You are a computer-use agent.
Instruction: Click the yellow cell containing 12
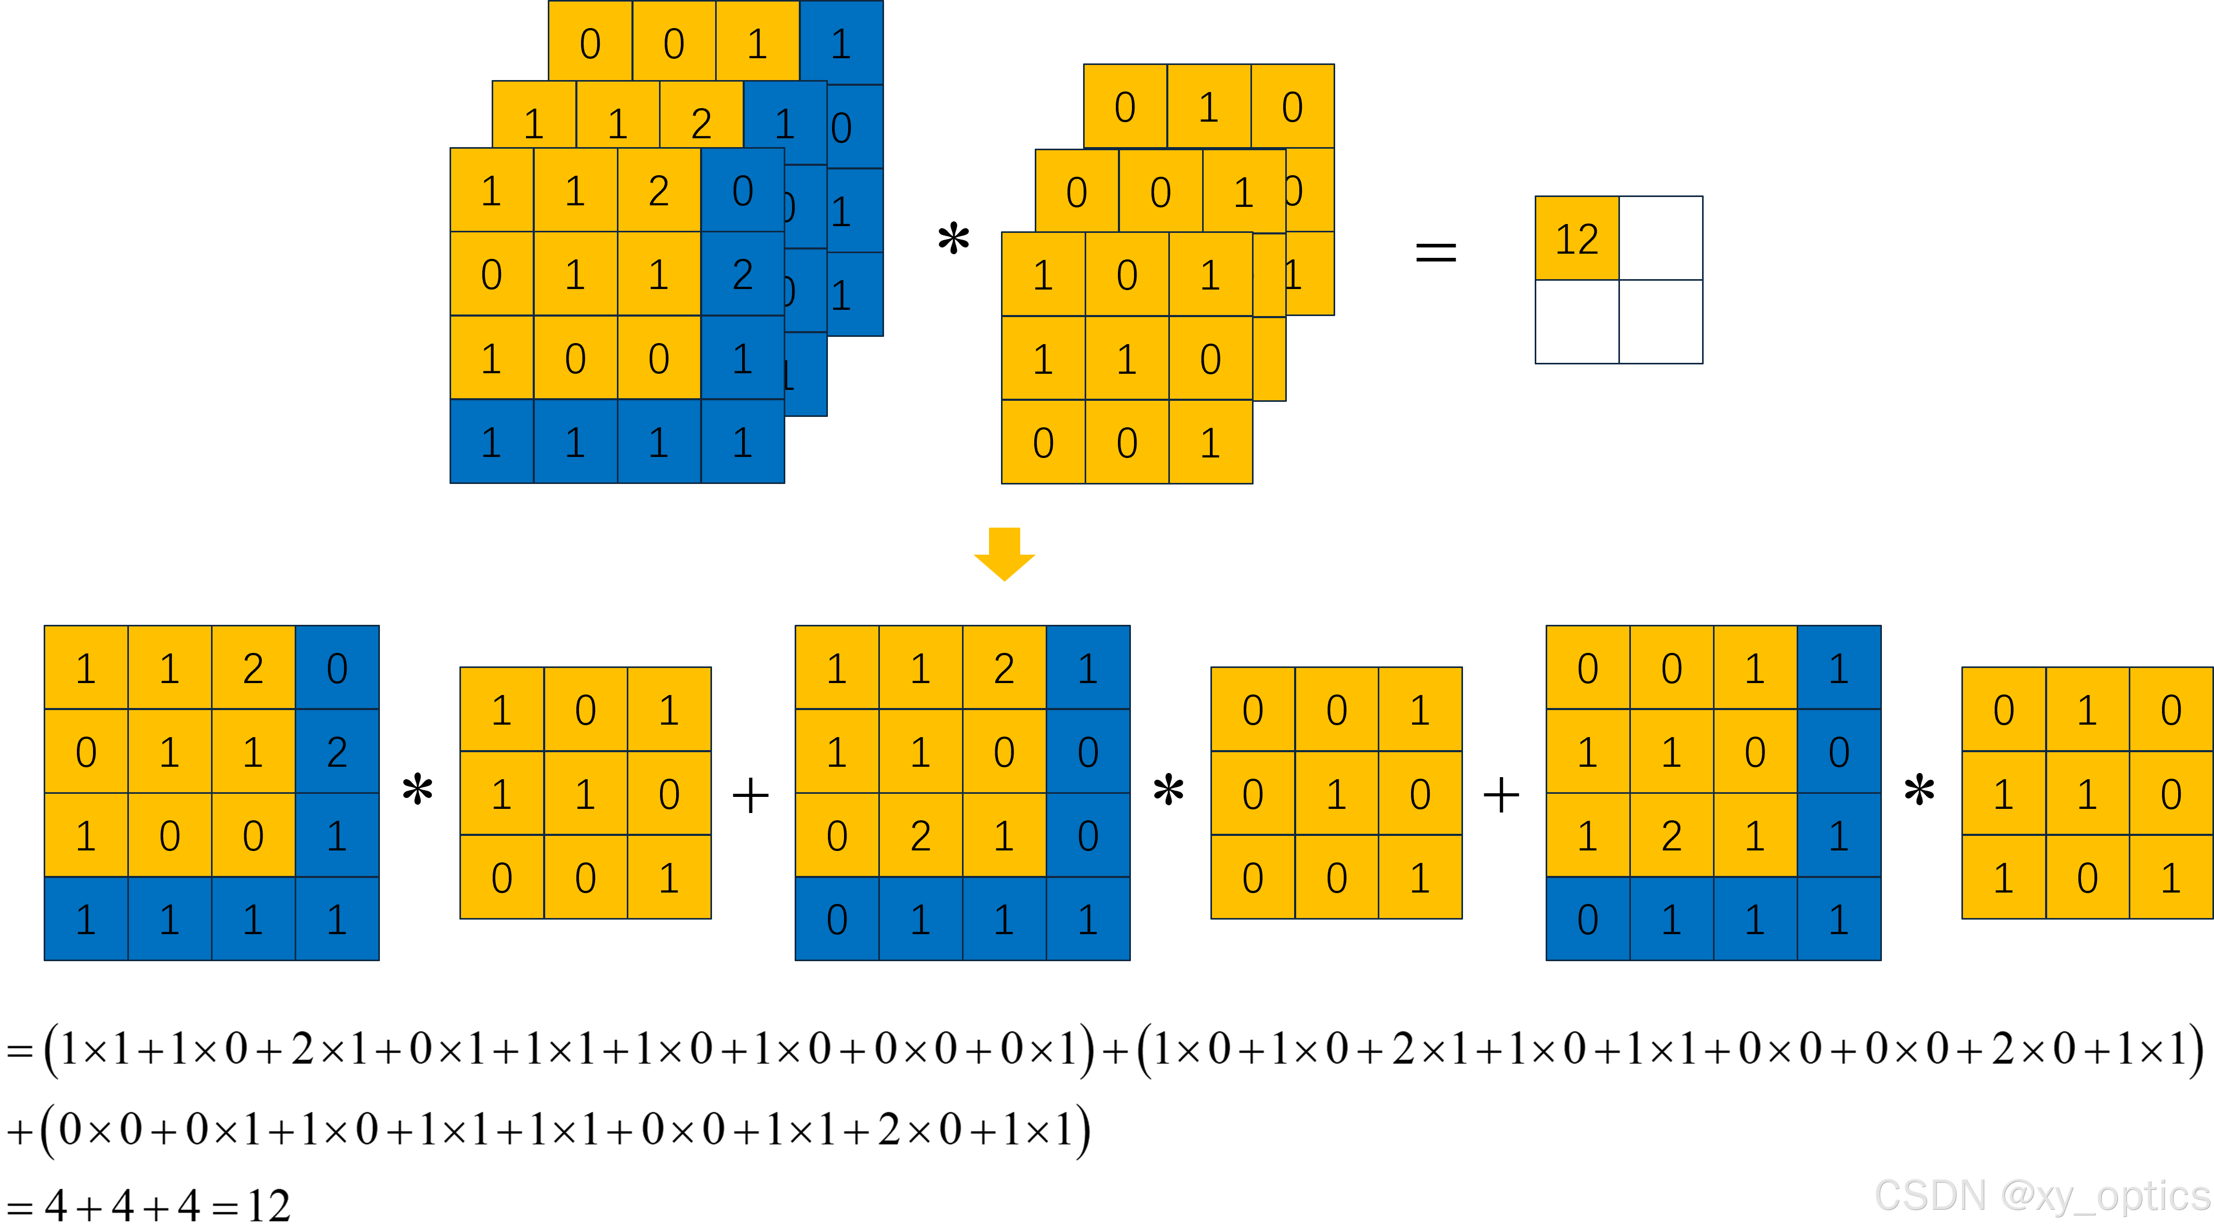[x=1576, y=238]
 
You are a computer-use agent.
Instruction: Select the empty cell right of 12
[x=1660, y=238]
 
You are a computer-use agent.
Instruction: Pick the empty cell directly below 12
[x=1576, y=322]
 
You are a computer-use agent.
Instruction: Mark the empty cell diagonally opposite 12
[x=1660, y=322]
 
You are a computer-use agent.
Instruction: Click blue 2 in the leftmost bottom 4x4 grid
[x=337, y=751]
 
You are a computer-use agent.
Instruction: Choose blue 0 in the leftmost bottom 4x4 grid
[x=337, y=668]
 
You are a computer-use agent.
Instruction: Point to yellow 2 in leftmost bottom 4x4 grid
[x=253, y=668]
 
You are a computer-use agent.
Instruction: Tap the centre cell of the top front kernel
[x=1126, y=359]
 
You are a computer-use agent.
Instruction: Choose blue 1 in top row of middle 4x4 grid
[x=1087, y=668]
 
